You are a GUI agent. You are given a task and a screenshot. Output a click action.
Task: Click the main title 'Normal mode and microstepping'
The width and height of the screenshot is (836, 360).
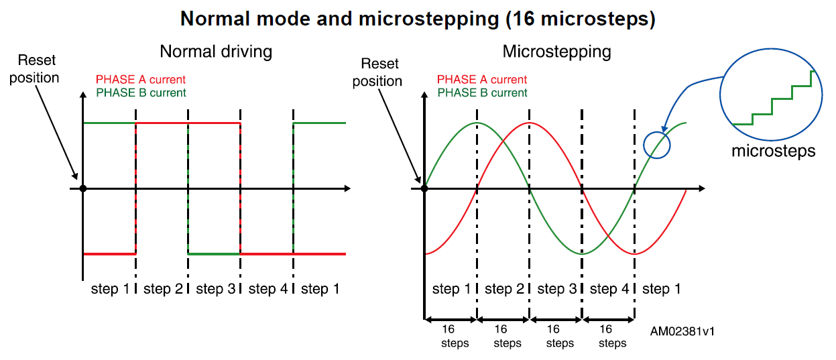(340, 19)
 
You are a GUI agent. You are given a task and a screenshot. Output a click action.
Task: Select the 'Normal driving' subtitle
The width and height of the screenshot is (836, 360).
(216, 52)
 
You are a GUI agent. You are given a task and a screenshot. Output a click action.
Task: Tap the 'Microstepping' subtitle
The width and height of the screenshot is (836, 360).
(557, 52)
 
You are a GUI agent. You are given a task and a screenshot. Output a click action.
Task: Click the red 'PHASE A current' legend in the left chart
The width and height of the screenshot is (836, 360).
(141, 80)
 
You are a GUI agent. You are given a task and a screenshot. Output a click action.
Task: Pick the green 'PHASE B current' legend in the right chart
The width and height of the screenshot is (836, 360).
(482, 93)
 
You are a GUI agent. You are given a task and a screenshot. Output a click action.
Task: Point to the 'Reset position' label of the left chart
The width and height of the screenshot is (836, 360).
(34, 68)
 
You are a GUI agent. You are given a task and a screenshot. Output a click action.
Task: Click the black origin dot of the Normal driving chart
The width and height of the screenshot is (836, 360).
(83, 188)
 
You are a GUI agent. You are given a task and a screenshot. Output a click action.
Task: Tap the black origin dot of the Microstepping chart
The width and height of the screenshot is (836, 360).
(424, 188)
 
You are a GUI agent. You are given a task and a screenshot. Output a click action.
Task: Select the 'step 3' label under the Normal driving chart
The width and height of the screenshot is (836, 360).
(216, 289)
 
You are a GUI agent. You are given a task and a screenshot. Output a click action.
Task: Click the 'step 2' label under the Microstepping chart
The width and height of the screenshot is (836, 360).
(504, 289)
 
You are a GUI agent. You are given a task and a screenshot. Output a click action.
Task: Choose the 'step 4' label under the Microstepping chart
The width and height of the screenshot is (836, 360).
(609, 289)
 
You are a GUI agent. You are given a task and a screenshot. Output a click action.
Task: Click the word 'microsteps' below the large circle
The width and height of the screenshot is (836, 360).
(773, 152)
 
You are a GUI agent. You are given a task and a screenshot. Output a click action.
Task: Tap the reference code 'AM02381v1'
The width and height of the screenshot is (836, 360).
(682, 331)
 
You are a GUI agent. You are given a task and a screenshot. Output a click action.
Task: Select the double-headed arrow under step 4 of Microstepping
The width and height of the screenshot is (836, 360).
(608, 320)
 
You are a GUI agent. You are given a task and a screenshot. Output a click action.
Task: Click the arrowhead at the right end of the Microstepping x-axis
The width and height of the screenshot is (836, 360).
(701, 188)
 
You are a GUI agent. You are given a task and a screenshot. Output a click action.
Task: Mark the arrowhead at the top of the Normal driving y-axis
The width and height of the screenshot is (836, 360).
(83, 95)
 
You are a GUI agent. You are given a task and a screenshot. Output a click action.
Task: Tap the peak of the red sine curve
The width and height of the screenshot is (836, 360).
(529, 123)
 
